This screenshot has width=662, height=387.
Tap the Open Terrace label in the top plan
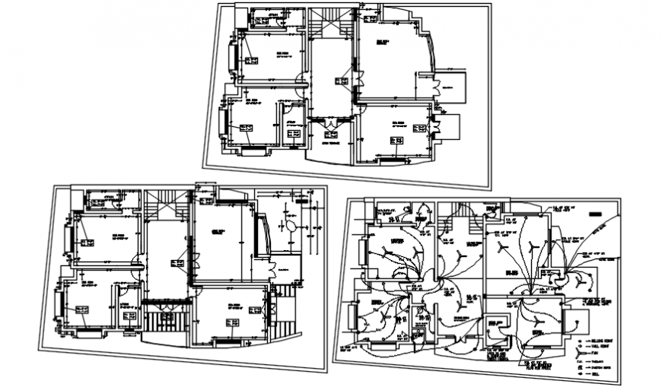click(329, 142)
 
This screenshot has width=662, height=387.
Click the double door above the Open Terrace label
click(331, 123)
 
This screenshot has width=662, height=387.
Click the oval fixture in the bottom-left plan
click(290, 226)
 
